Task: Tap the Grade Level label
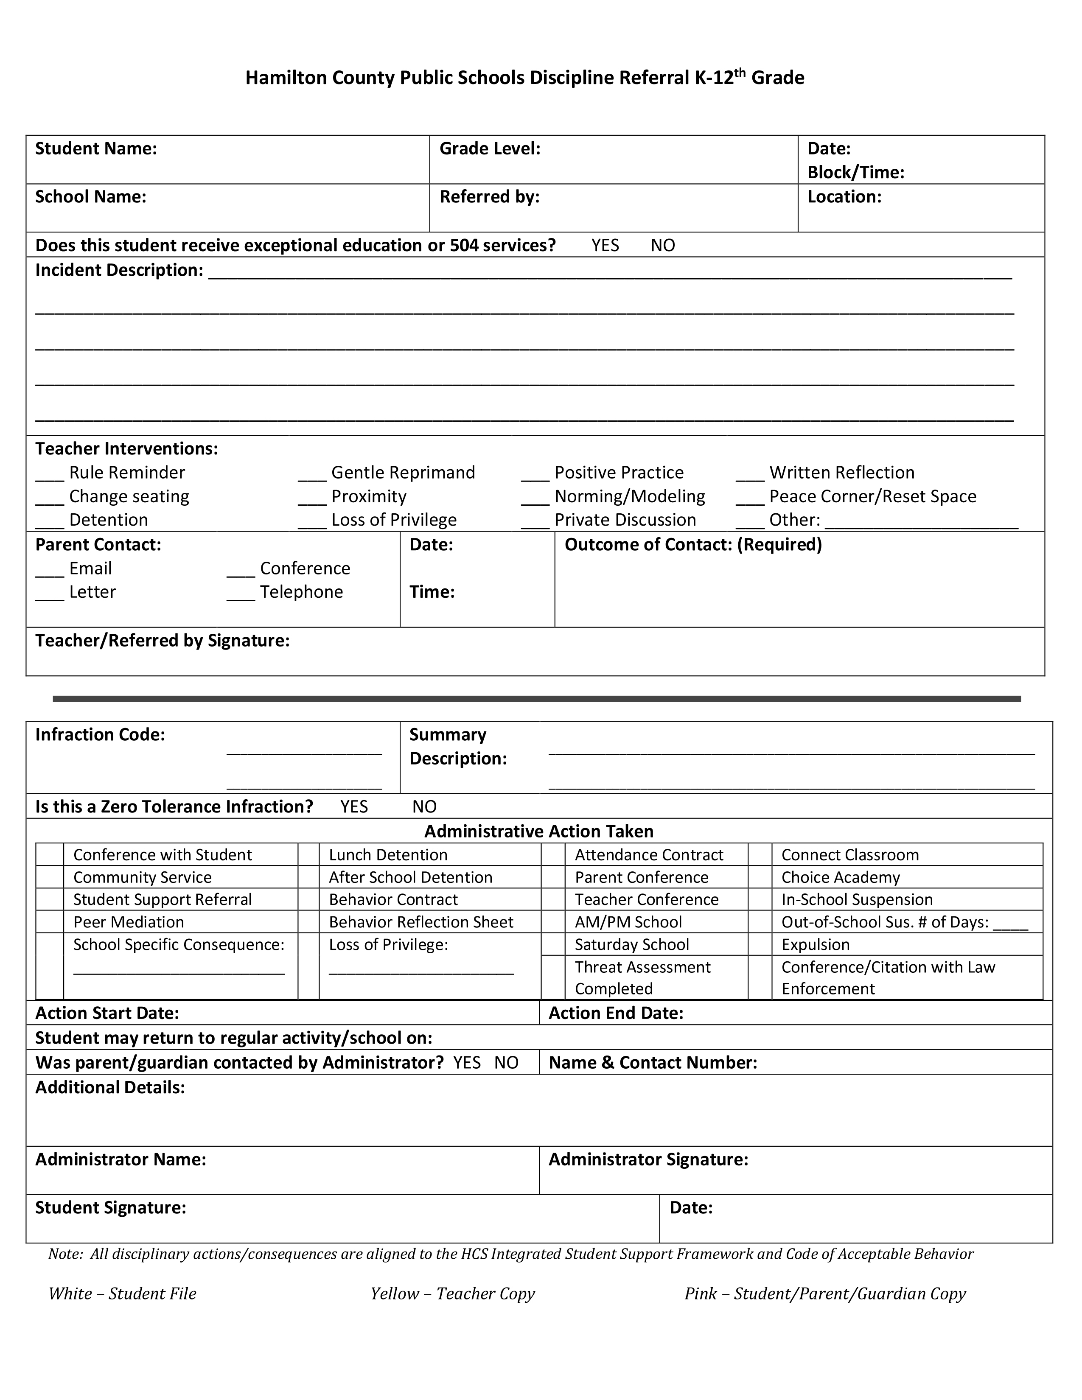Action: tap(490, 149)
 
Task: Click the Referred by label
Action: tap(489, 197)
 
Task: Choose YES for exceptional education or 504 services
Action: tap(605, 246)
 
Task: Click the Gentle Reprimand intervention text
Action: tap(403, 473)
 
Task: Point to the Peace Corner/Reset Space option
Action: tap(872, 496)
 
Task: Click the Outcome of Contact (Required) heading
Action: tap(693, 545)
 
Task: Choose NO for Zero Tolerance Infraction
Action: tap(424, 806)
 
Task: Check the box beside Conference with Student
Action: tap(49, 855)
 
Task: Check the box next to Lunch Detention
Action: tap(308, 855)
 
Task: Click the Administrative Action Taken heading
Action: tap(539, 832)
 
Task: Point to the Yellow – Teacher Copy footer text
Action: tap(453, 1294)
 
